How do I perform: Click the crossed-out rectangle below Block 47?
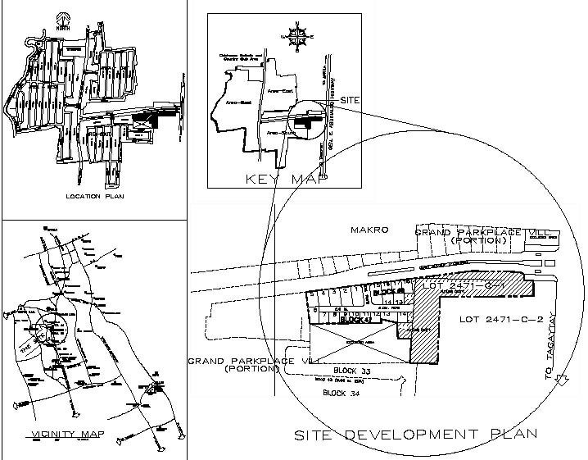(358, 343)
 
